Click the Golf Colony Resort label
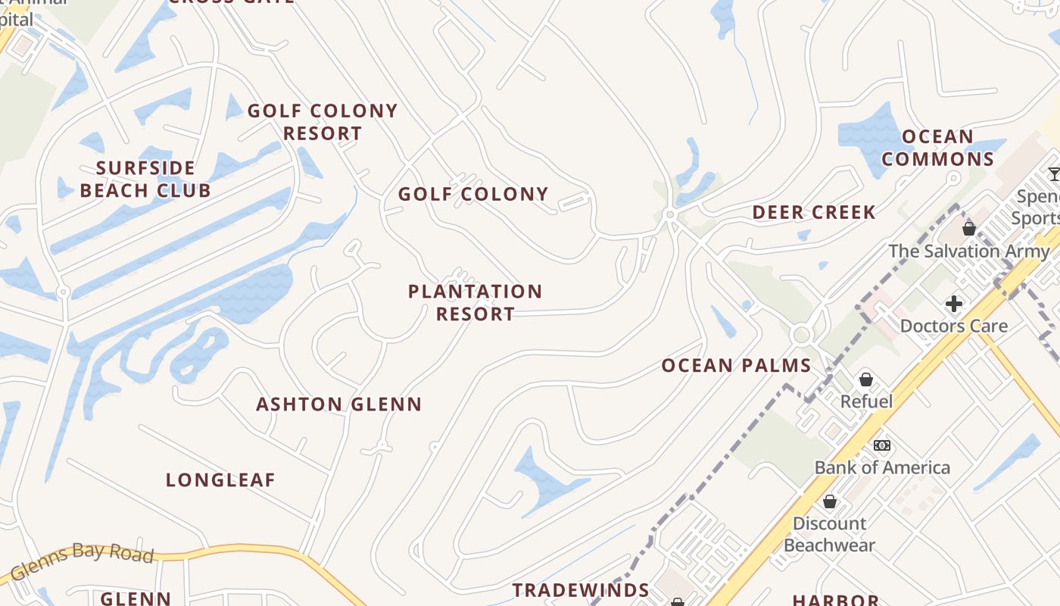point(323,122)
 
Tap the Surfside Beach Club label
point(145,179)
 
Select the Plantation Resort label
point(475,302)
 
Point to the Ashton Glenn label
point(338,405)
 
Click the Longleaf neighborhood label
point(220,480)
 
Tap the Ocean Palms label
point(736,366)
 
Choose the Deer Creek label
point(814,213)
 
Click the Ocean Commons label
point(937,148)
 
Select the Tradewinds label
point(581,590)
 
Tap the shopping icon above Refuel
point(866,380)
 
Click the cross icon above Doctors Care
point(953,305)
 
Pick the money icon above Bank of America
point(882,445)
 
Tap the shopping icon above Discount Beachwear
point(830,501)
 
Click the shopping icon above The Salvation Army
point(968,229)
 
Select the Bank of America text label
point(882,467)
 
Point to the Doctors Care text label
point(953,326)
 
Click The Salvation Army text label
point(969,251)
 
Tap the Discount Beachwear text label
point(830,534)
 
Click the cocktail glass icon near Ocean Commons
point(1054,175)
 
